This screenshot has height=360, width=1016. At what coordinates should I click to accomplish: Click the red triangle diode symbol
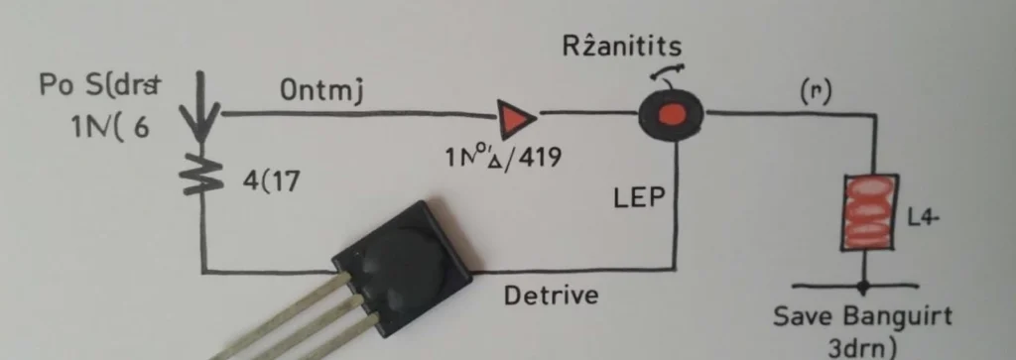point(513,120)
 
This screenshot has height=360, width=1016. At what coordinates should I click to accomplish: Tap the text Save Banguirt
point(861,316)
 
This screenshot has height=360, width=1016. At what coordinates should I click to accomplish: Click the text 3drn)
point(862,346)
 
